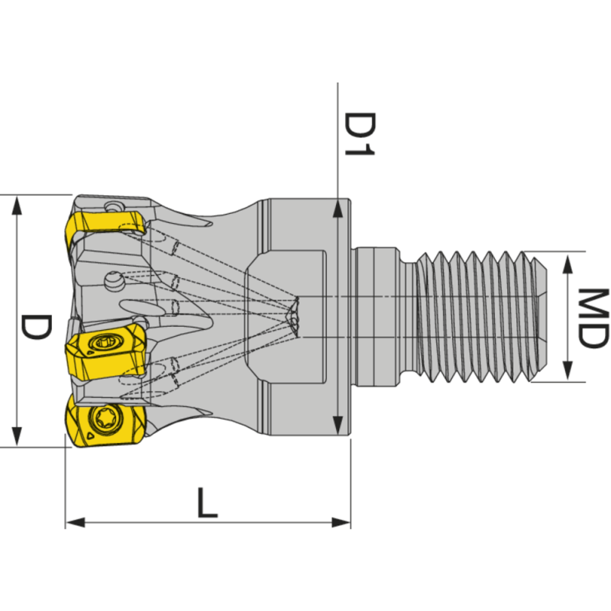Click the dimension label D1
[x=357, y=134]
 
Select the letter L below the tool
[x=206, y=504]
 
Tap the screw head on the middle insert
[x=102, y=343]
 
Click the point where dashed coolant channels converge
[x=294, y=314]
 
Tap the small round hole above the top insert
[x=114, y=206]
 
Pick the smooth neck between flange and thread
[x=378, y=315]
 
